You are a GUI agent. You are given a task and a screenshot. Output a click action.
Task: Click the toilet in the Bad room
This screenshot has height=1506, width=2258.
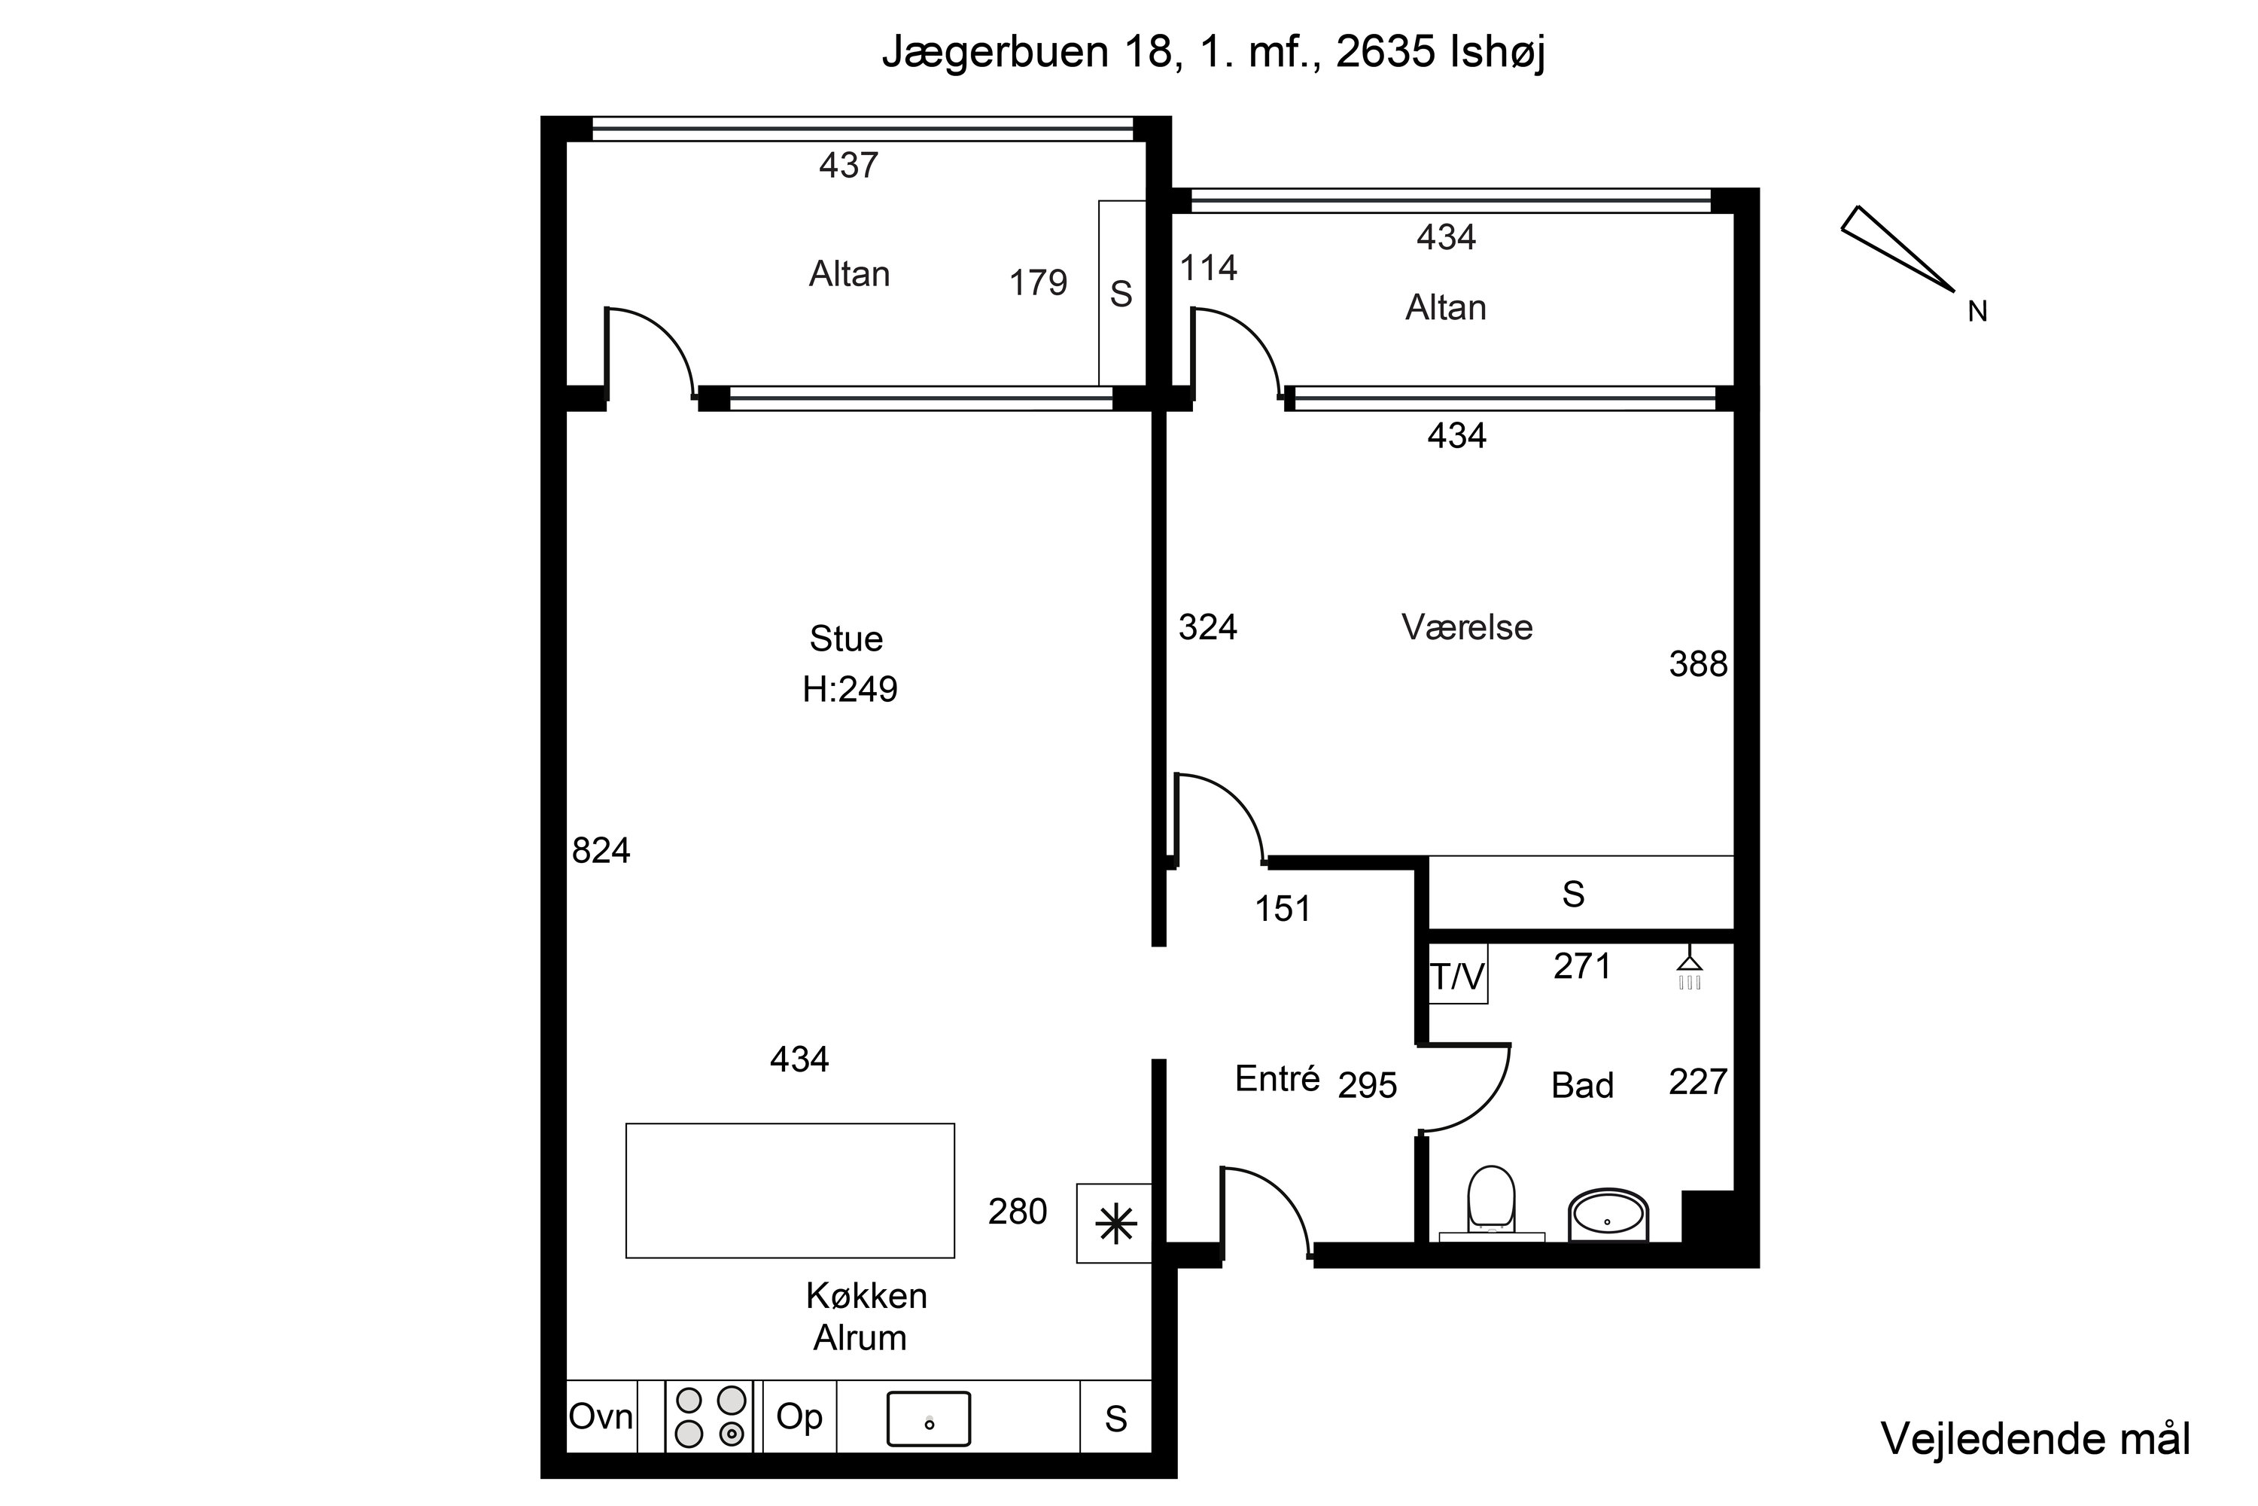point(1491,1200)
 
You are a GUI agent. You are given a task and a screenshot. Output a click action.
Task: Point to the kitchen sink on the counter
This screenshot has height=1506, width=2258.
point(928,1419)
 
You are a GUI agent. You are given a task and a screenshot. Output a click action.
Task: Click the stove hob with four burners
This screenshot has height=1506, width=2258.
point(710,1416)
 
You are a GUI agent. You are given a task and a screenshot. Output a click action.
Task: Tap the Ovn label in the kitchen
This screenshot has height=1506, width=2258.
point(601,1416)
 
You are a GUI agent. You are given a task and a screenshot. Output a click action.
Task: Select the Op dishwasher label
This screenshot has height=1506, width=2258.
point(799,1416)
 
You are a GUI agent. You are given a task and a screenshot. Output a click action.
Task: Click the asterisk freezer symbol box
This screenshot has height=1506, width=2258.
point(1115,1224)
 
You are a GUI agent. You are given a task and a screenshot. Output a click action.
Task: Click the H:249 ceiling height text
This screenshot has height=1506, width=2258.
point(850,690)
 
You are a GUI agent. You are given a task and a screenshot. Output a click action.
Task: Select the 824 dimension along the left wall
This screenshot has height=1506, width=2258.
point(601,851)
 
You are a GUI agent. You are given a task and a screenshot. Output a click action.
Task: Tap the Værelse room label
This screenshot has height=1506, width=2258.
point(1467,627)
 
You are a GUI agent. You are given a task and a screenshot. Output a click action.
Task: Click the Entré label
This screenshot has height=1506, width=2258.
point(1277,1078)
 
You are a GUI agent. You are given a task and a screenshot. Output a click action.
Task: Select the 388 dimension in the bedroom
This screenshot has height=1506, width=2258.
point(1697,663)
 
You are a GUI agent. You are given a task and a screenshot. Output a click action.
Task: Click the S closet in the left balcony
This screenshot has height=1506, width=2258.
point(1121,293)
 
